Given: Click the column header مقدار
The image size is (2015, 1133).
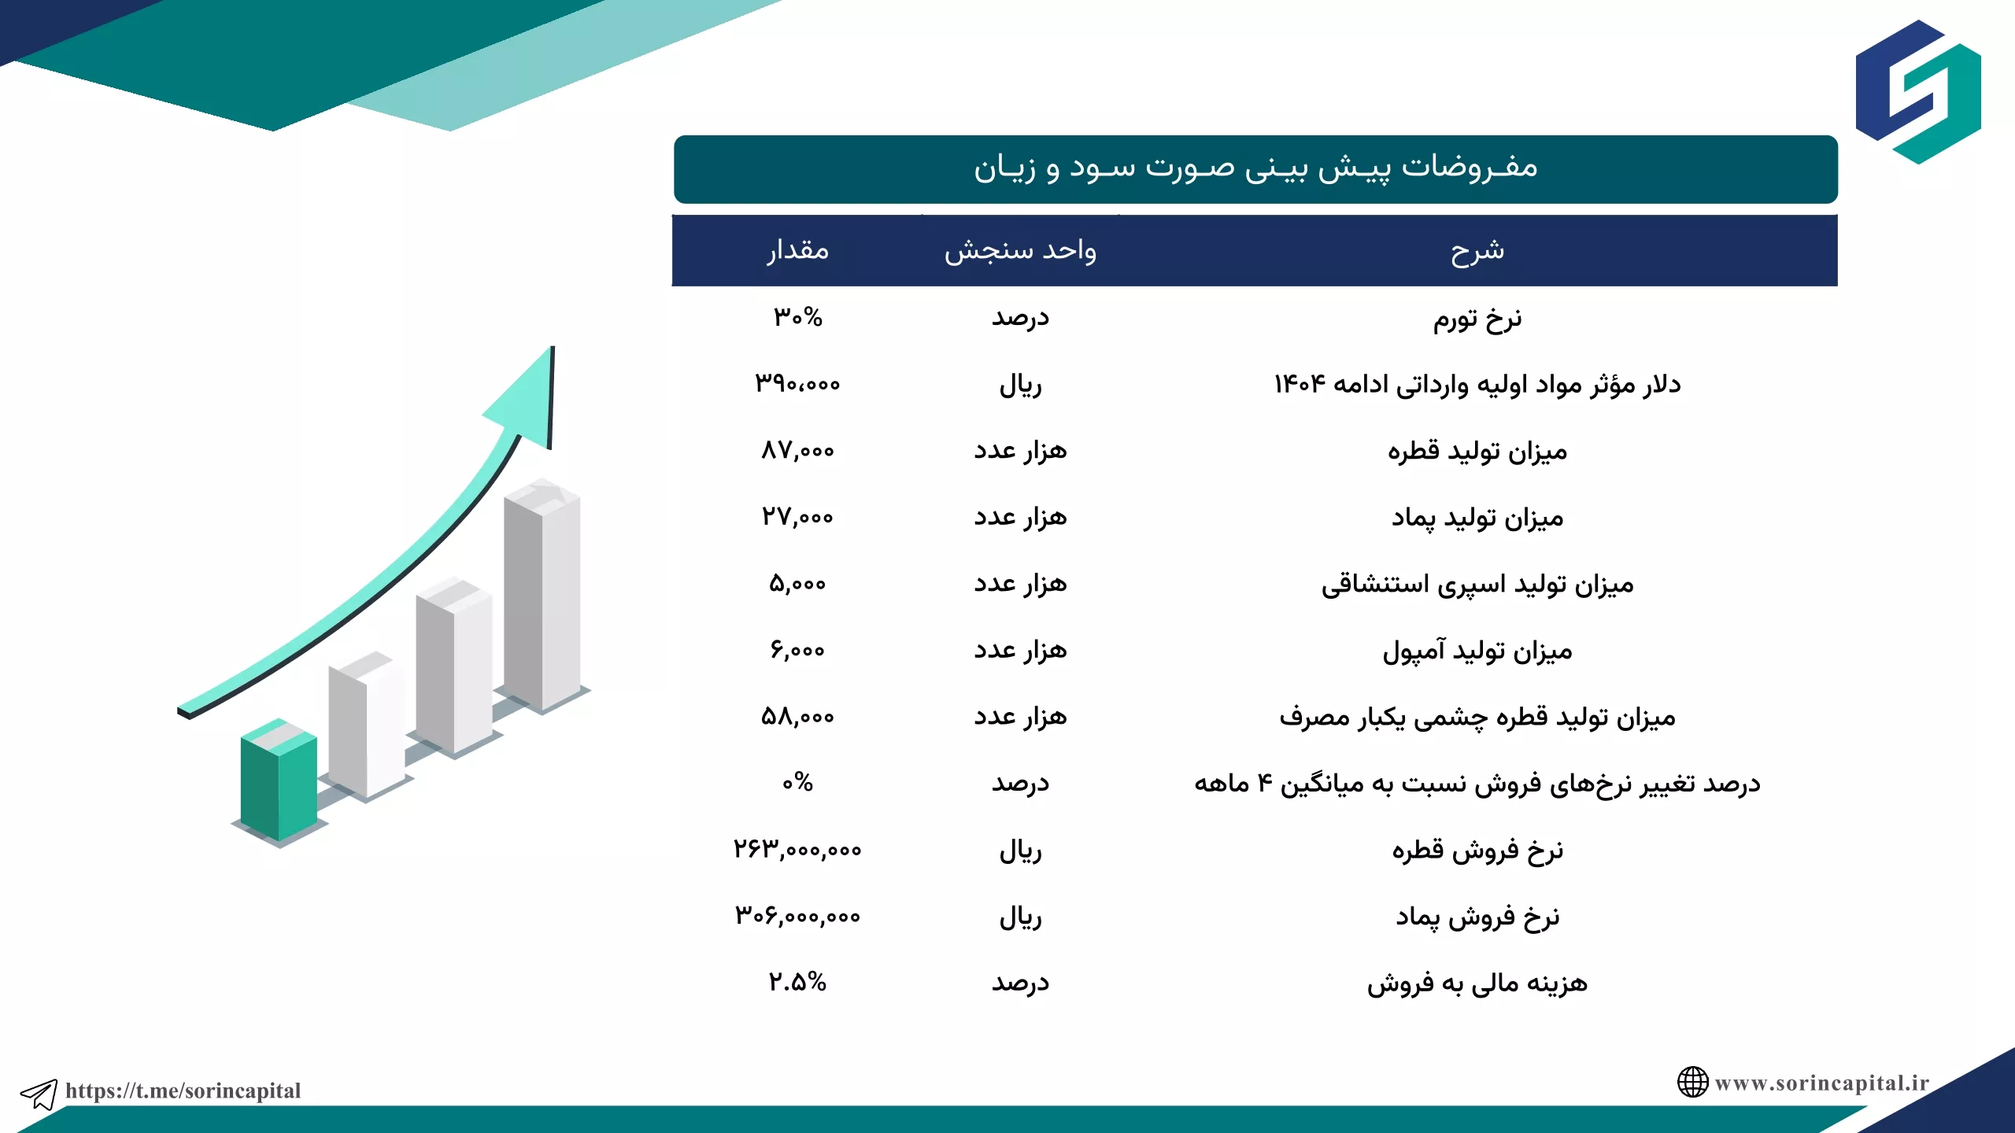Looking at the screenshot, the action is (798, 250).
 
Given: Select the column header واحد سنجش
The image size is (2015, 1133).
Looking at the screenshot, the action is (1020, 250).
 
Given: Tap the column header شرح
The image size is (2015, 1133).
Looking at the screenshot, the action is (1477, 250).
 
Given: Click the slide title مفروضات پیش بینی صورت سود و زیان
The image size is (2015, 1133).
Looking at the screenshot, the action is (1255, 168).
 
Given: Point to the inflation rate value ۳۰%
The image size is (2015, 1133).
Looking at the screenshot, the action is (798, 317).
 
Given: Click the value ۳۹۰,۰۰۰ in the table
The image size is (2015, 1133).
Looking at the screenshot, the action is (798, 384).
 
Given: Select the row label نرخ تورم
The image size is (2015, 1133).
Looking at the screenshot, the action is (1477, 319).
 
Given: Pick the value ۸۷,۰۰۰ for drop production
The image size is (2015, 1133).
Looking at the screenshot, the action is (798, 450).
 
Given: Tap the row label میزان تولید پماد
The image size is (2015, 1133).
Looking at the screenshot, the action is (1477, 518).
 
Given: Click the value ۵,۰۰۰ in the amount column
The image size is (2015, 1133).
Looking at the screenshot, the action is (798, 583).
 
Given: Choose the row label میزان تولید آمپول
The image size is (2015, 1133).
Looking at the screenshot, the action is (1477, 651).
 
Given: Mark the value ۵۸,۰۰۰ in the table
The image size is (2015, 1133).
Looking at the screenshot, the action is (798, 716).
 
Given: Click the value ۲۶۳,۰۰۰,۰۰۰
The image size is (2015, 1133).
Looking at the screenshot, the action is (798, 849).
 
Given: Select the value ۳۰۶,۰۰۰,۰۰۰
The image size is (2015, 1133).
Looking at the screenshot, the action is (798, 915).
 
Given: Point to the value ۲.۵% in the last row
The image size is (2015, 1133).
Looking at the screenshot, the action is (798, 981).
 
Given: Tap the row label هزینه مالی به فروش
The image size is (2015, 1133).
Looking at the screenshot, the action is (1477, 984).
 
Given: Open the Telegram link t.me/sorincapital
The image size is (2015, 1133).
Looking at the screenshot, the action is (183, 1091).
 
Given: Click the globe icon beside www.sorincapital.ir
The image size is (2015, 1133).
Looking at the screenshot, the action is (1692, 1082).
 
